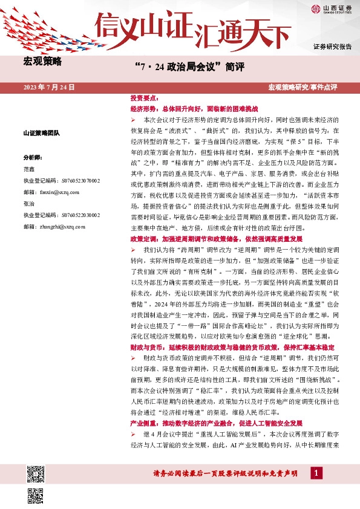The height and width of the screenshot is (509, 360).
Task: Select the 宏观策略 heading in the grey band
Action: click(x=42, y=61)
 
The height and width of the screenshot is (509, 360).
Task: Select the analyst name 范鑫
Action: click(x=29, y=169)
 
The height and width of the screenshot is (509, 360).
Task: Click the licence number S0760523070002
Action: click(x=62, y=180)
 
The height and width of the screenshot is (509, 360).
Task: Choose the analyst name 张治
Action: click(x=29, y=204)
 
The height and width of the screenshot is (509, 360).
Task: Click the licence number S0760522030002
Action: click(x=62, y=215)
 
